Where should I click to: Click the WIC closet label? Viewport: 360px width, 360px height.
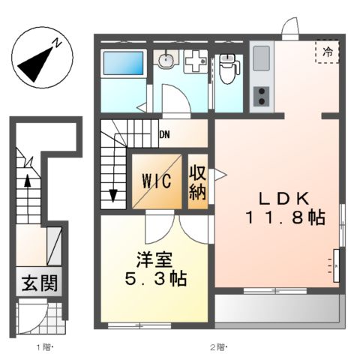click(157, 181)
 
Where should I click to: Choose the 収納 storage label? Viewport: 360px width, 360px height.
click(197, 181)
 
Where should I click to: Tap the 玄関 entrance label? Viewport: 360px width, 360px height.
click(34, 285)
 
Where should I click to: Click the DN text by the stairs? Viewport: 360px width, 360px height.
click(163, 136)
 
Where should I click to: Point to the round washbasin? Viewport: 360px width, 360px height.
click(167, 60)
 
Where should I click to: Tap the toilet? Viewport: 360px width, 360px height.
click(228, 69)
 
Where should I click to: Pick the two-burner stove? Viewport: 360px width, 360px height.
click(262, 96)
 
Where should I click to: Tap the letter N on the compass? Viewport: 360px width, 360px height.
click(57, 46)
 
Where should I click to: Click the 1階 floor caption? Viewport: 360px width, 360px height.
click(46, 347)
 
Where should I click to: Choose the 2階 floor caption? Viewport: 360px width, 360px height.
click(218, 347)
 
